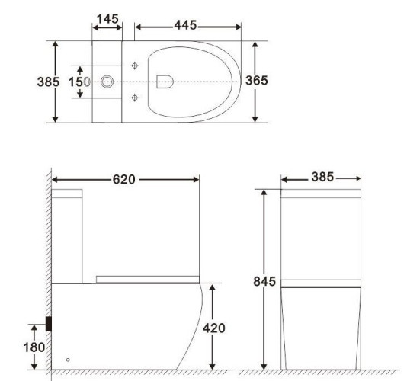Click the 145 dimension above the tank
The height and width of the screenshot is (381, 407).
tap(107, 16)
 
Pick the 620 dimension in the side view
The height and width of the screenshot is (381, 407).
tap(123, 180)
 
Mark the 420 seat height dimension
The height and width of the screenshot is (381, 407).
tap(213, 327)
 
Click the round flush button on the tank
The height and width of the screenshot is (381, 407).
tap(107, 81)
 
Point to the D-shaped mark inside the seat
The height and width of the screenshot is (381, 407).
tap(163, 81)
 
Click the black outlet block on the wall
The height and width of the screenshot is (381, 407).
tap(50, 323)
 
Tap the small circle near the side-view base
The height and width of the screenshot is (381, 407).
tap(68, 359)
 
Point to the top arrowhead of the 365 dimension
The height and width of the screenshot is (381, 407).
tap(255, 46)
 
